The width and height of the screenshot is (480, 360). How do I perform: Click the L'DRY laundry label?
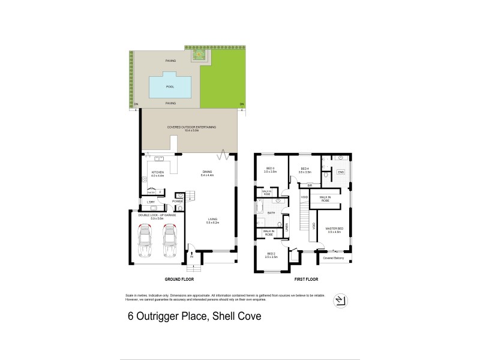pos(151,202)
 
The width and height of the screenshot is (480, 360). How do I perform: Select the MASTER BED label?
pos(334,229)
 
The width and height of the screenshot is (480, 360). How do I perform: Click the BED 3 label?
pos(269,169)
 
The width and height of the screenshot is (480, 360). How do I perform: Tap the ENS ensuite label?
pos(341,172)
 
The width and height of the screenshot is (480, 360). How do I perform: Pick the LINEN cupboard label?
pos(287,226)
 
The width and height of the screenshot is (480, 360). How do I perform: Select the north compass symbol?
pos(339,301)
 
